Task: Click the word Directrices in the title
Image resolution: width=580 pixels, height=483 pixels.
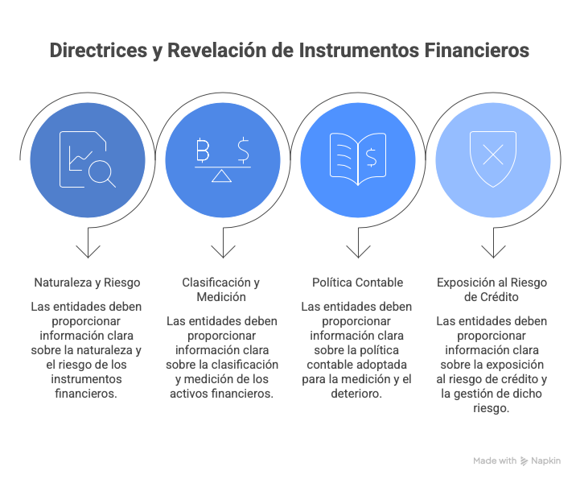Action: click(x=98, y=51)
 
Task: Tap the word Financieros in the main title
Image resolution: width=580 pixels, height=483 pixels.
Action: click(x=477, y=51)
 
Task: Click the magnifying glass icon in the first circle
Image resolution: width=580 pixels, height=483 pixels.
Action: click(x=102, y=174)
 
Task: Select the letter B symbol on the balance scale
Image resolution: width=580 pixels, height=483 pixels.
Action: click(x=203, y=151)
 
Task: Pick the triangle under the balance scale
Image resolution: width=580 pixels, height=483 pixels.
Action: click(x=221, y=176)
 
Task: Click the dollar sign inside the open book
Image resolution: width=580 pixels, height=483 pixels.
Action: click(x=372, y=157)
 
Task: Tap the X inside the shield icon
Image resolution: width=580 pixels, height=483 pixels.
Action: click(x=493, y=155)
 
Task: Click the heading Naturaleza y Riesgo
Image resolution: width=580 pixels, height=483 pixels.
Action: click(x=88, y=283)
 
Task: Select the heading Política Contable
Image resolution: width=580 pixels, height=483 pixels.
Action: click(x=358, y=283)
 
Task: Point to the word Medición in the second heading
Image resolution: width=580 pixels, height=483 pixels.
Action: click(x=221, y=297)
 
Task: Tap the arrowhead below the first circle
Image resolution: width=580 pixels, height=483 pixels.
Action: click(x=88, y=252)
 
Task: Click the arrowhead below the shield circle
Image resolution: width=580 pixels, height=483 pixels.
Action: click(x=493, y=252)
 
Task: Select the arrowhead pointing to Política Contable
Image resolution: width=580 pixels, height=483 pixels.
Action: click(x=358, y=252)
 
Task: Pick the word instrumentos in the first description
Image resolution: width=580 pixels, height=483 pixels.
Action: click(x=86, y=379)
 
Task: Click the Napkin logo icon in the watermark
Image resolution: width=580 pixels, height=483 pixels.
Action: click(x=524, y=460)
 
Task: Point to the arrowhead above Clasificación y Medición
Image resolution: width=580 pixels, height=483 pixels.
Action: click(x=223, y=252)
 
